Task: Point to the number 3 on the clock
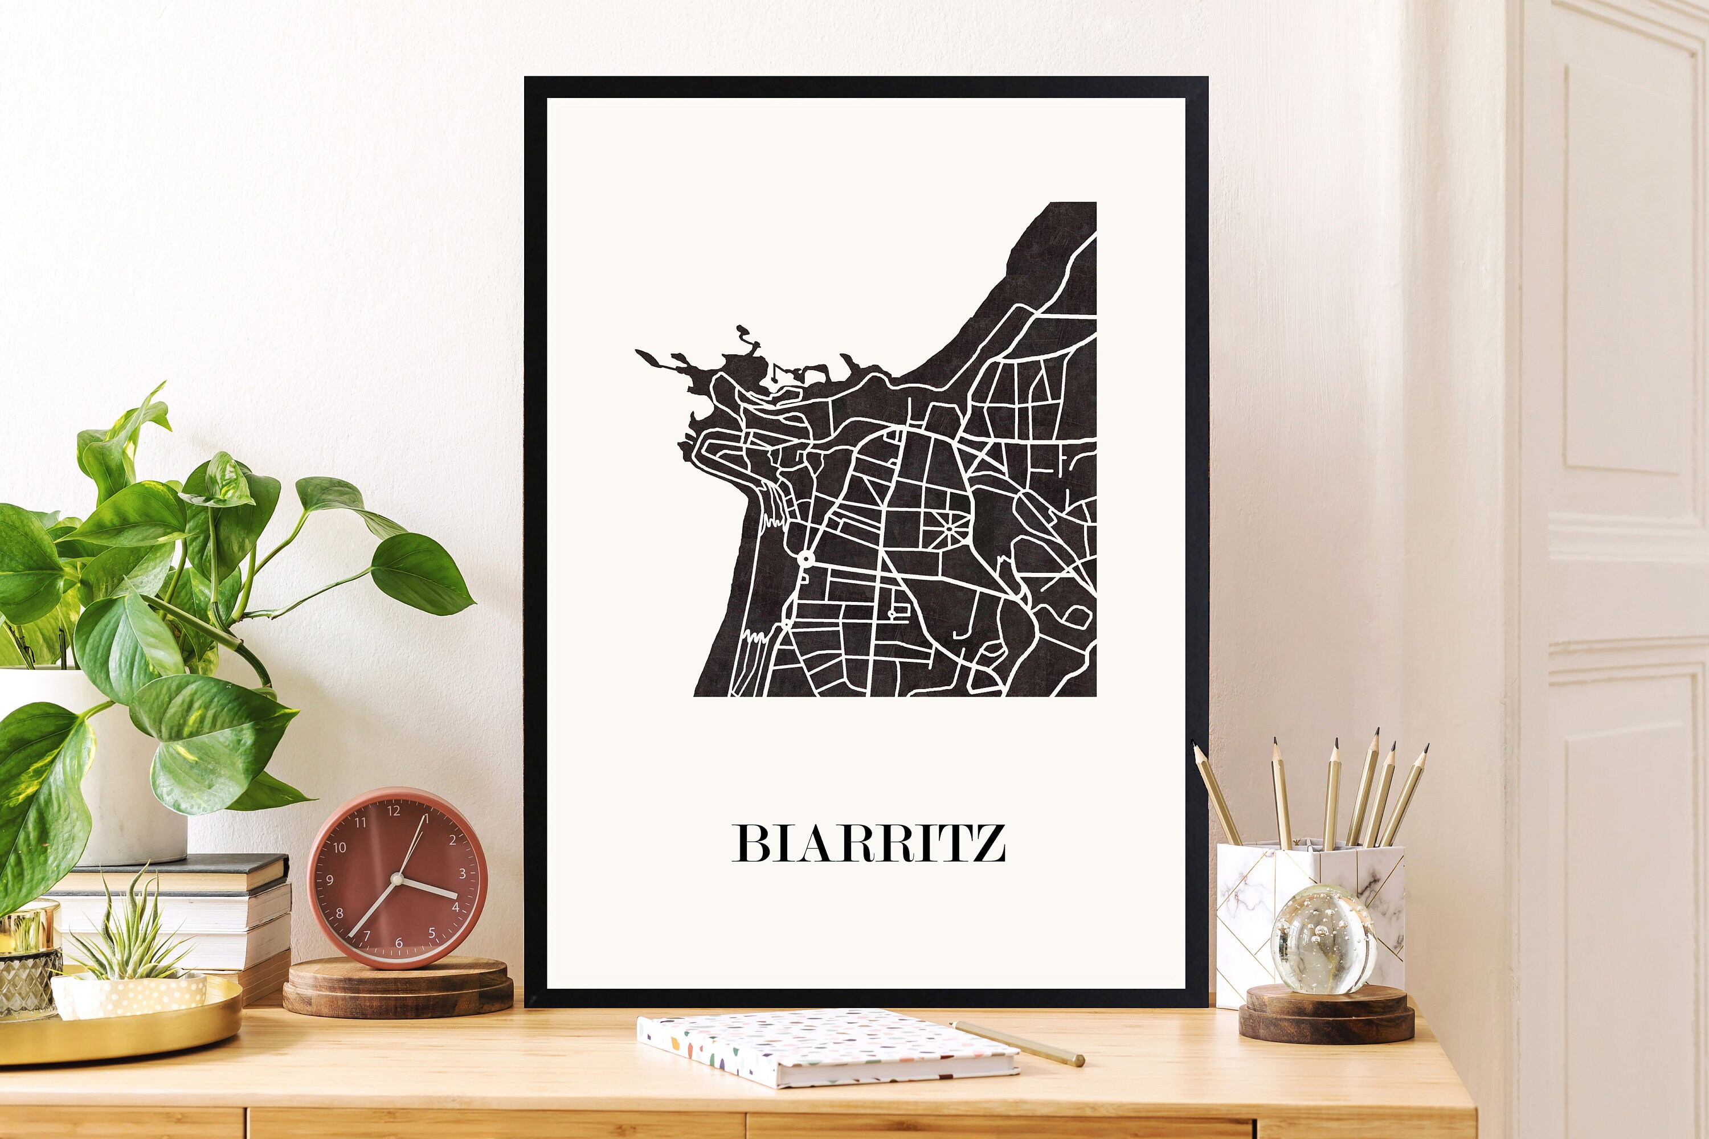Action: (462, 874)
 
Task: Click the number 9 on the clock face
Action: (330, 880)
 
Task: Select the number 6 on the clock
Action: (399, 943)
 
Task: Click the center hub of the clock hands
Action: (396, 879)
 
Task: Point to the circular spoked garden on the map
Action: (950, 528)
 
